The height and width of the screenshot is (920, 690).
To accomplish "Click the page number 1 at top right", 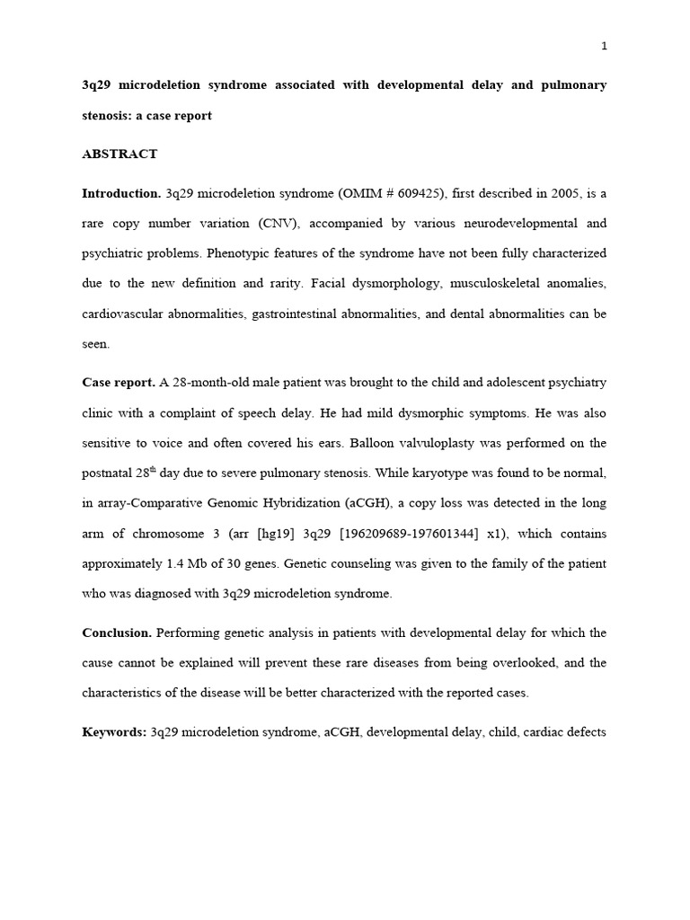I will coord(604,47).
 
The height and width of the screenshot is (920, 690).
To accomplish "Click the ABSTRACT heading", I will coord(119,154).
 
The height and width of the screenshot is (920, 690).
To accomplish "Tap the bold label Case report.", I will coord(119,383).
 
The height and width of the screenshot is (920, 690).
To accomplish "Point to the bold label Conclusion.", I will coord(118,632).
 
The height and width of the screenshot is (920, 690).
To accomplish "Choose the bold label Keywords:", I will coord(114,732).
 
